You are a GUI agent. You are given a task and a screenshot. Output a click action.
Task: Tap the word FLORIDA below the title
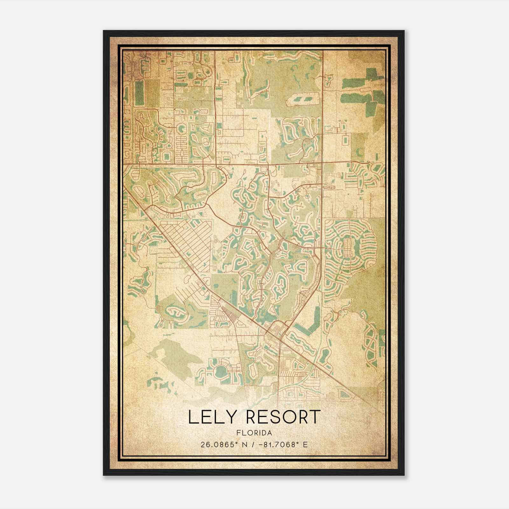click(x=254, y=433)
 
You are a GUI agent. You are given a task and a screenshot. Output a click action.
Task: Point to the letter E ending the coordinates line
click(x=305, y=444)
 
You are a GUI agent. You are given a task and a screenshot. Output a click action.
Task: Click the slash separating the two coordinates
click(x=253, y=444)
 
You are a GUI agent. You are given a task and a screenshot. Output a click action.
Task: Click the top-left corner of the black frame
click(x=104, y=31)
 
